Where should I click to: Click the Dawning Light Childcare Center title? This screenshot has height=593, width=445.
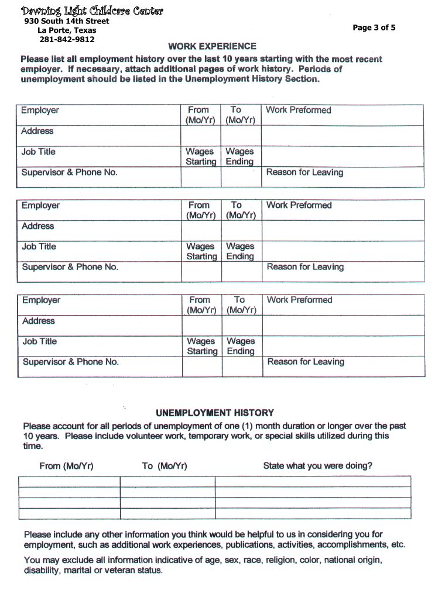point(92,11)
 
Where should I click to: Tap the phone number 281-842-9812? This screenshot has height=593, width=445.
point(67,40)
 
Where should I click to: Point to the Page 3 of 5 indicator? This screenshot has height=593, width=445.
point(374,27)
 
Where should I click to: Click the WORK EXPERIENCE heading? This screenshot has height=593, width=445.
point(212,46)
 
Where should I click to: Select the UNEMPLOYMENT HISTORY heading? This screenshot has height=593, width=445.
point(214,413)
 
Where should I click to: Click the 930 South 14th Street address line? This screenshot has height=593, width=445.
point(67,21)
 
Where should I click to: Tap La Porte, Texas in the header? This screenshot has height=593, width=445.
point(67,30)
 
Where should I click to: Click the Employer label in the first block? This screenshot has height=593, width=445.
point(40,110)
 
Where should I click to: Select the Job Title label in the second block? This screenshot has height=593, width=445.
point(39,246)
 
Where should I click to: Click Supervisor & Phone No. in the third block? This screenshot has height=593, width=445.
point(70,362)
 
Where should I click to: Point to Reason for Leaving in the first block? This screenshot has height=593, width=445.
point(304,172)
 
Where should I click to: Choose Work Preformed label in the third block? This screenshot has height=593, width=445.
point(299,300)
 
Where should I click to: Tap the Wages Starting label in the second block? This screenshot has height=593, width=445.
point(201,251)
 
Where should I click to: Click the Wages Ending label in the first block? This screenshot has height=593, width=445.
point(239,156)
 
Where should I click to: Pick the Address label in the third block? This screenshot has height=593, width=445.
point(39,321)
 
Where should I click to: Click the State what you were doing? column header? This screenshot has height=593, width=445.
point(317,466)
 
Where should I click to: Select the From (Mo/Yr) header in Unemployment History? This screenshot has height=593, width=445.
point(66,466)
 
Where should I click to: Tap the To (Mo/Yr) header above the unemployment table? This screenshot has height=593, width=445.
point(165,466)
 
